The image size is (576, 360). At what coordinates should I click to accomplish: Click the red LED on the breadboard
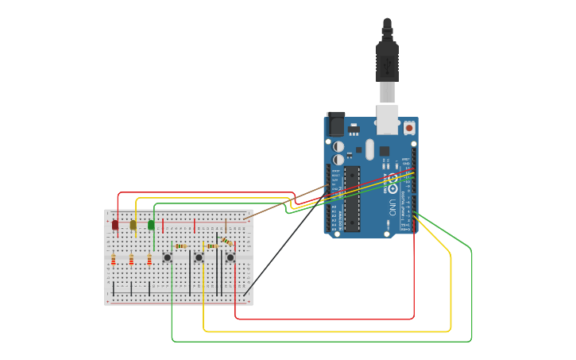pos(115,225)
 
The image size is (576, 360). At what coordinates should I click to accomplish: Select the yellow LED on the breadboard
pos(133,225)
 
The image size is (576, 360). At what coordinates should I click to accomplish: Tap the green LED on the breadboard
pos(151,225)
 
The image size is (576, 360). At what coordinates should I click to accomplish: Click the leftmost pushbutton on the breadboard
pos(168,257)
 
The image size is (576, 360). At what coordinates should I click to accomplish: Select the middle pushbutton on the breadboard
pos(199,257)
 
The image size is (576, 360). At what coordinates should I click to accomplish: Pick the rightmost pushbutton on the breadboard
pos(230,257)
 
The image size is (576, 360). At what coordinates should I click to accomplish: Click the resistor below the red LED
pos(114,260)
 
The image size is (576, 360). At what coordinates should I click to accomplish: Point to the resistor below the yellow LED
pos(131,260)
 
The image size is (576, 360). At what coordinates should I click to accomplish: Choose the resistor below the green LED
pos(149,260)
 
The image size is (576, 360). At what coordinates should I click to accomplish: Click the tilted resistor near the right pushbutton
pos(226,242)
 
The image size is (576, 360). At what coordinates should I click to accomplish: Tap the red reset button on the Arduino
pos(409,127)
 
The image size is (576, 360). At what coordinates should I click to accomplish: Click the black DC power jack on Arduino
pos(336,124)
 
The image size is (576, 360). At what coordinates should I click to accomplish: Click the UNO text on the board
pos(392,208)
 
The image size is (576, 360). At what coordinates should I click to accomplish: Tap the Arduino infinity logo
pos(392,180)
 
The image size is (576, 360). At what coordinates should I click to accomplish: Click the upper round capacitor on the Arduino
pos(338,146)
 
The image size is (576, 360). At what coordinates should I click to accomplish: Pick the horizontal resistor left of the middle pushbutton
pos(181,246)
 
